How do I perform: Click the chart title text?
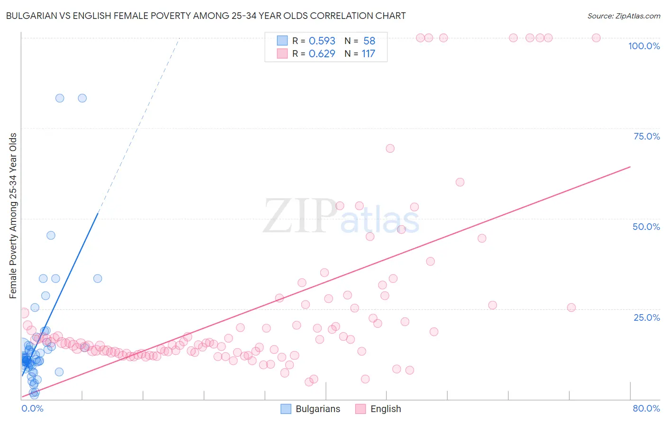[206, 16]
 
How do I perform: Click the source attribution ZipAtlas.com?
[623, 16]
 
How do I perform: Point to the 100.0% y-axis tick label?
[644, 46]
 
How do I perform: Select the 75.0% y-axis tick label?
[647, 136]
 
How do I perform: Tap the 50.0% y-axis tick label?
[646, 227]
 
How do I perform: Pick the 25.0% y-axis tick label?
[647, 317]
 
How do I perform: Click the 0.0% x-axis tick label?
[32, 408]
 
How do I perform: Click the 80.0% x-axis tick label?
[646, 408]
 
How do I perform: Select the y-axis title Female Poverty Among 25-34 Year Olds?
[13, 216]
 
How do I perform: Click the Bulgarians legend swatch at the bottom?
[286, 409]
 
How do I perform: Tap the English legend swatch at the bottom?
[360, 409]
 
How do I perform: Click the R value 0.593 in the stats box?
[322, 41]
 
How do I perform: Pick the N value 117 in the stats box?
[368, 53]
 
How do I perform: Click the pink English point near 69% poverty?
[390, 148]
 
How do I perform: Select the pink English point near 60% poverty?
[459, 182]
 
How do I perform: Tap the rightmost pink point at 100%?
[596, 38]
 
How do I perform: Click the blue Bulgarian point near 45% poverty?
[51, 235]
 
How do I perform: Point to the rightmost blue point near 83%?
[82, 98]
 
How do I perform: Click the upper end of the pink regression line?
[630, 167]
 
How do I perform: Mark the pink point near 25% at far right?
[571, 308]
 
